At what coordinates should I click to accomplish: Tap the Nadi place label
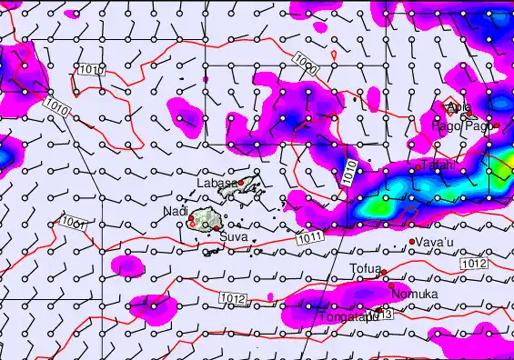point(175,211)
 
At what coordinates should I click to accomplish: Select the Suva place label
point(232,237)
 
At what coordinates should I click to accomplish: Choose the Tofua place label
point(367,268)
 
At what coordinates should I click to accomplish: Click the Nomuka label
point(414,294)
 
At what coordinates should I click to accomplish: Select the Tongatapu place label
point(347,316)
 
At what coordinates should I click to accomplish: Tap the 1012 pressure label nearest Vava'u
point(472,263)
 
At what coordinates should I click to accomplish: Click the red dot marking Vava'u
point(412,241)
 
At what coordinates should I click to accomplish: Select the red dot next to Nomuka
point(393,285)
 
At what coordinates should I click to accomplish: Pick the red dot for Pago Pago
point(497,125)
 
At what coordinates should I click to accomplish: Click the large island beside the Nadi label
point(207,219)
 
